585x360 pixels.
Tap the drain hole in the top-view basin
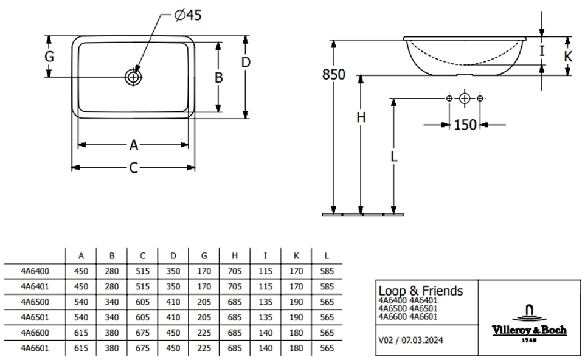click(133, 77)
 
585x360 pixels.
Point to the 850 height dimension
click(334, 75)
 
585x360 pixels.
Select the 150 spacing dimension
click(465, 125)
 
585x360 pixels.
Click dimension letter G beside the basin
click(49, 57)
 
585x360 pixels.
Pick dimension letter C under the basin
click(134, 168)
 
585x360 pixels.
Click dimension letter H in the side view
click(361, 118)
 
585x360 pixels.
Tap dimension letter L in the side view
click(394, 156)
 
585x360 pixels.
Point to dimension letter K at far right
click(568, 57)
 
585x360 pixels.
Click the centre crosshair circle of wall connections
click(465, 98)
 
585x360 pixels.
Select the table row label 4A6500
click(35, 301)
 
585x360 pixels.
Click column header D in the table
click(173, 255)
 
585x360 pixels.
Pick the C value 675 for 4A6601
click(142, 348)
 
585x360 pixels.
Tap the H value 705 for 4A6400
click(235, 270)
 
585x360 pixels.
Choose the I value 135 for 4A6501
click(266, 317)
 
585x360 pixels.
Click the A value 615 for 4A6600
click(81, 333)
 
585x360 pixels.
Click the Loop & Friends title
click(420, 291)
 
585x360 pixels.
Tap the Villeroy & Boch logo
click(529, 323)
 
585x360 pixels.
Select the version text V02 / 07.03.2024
click(410, 340)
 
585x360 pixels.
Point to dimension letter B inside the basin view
click(218, 77)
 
